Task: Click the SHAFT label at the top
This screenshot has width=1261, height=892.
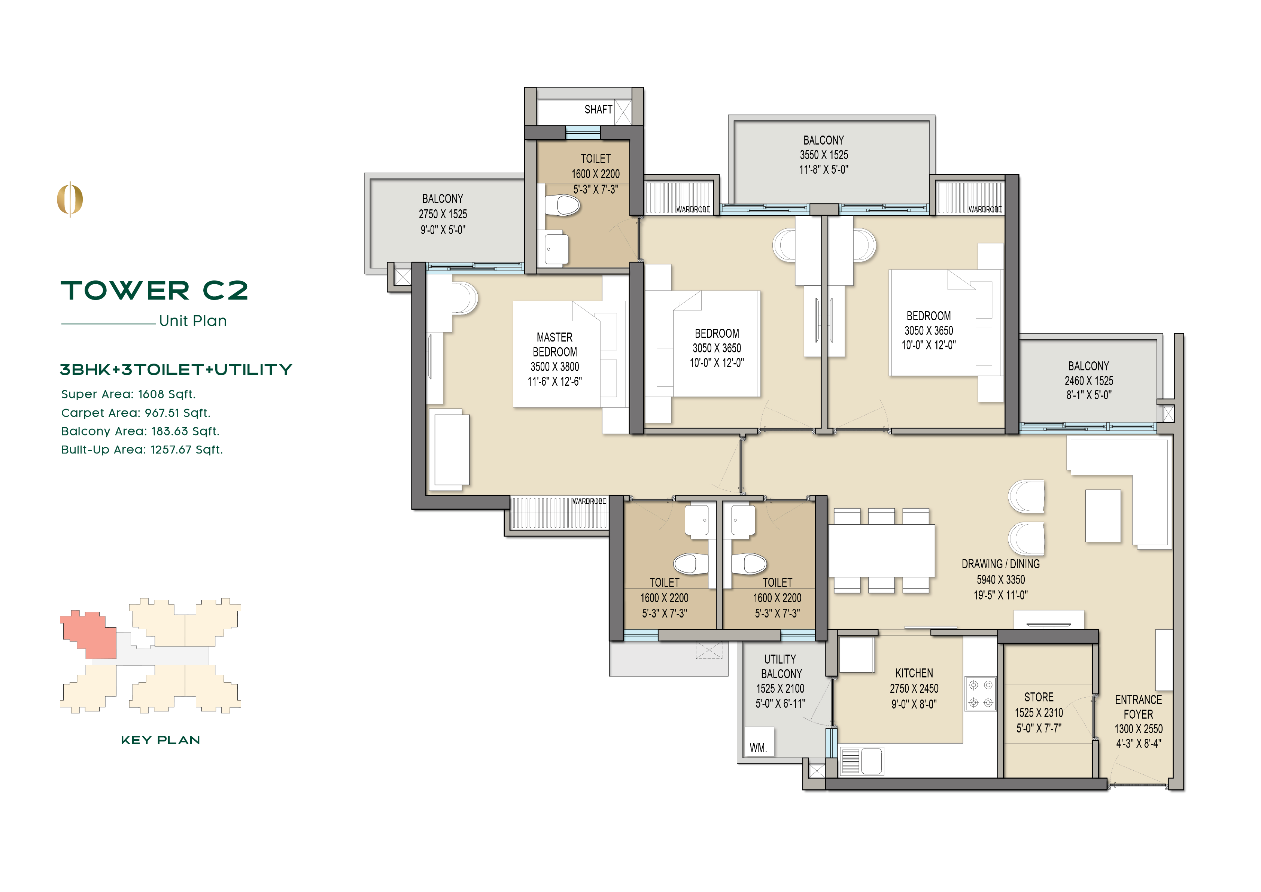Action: click(598, 109)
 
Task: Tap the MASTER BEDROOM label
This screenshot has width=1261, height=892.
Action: click(555, 345)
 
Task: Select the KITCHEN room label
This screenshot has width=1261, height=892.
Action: click(914, 673)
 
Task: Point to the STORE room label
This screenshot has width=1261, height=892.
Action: click(1039, 697)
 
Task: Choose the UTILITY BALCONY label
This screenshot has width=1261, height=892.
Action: click(780, 666)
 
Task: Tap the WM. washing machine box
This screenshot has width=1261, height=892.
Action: click(759, 742)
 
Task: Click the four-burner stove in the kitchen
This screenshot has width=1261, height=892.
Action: click(980, 694)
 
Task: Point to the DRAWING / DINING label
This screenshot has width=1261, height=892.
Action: click(1000, 564)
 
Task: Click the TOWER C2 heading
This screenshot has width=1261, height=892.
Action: click(154, 290)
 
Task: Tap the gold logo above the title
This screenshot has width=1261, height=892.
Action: click(70, 199)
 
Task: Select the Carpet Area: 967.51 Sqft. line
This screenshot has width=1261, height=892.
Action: click(136, 413)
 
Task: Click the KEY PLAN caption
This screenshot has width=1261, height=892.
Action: click(160, 740)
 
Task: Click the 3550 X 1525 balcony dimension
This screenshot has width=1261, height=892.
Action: click(823, 155)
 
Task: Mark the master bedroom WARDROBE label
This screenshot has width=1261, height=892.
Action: click(589, 501)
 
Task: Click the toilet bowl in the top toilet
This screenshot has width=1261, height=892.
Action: click(563, 206)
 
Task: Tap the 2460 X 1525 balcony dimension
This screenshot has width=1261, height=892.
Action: click(1088, 380)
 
